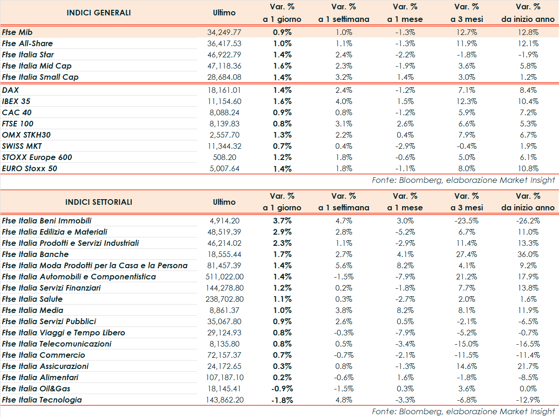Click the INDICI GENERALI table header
99,13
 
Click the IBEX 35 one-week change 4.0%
343,101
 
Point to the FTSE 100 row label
17,124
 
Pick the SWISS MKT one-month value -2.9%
405,146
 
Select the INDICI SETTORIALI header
99,202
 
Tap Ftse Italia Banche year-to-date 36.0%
528,254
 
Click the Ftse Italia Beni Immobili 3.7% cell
282,221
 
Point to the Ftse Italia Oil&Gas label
36,389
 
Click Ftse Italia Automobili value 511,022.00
224,277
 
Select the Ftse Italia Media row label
33,310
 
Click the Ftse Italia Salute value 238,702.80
224,299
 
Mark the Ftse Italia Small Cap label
40,77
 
